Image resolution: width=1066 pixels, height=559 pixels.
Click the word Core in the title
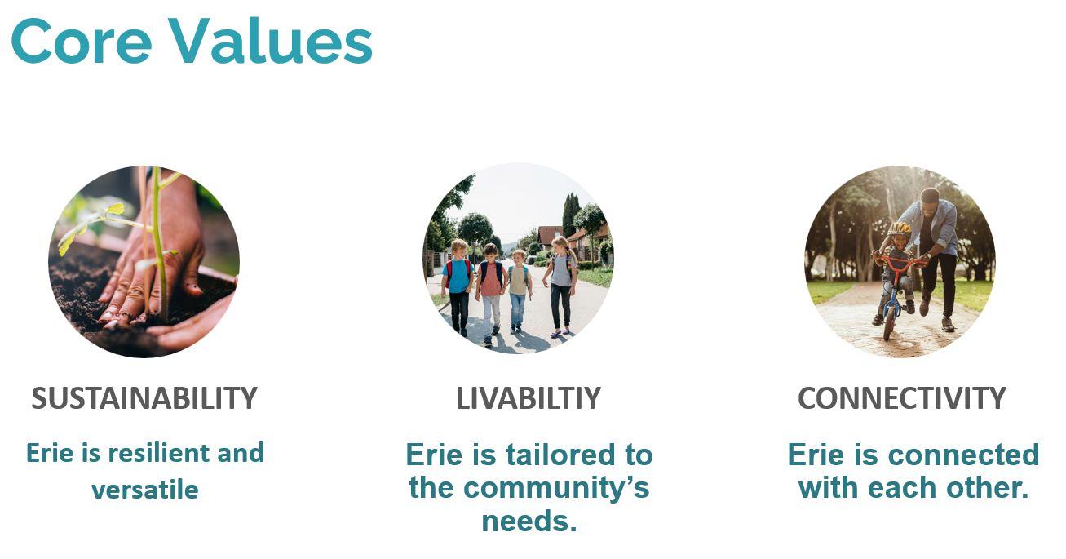click(82, 41)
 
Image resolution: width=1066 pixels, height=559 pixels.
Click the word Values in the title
click(270, 41)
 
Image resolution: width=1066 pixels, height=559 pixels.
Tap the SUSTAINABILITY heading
click(144, 398)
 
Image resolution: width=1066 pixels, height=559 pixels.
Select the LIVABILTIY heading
click(529, 398)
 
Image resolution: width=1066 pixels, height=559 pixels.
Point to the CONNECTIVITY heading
click(902, 398)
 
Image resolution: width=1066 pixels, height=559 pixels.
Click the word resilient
click(159, 452)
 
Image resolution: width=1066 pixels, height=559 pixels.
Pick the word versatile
click(144, 490)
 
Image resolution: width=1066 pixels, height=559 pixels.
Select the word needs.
click(529, 521)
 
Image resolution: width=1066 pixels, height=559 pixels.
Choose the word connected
click(963, 455)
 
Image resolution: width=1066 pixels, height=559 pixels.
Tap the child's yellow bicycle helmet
click(899, 229)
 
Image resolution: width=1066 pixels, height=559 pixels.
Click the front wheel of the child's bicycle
click(889, 323)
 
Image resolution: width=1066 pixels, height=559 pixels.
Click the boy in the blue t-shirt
click(458, 286)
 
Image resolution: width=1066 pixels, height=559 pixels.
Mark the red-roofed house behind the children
click(549, 237)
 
